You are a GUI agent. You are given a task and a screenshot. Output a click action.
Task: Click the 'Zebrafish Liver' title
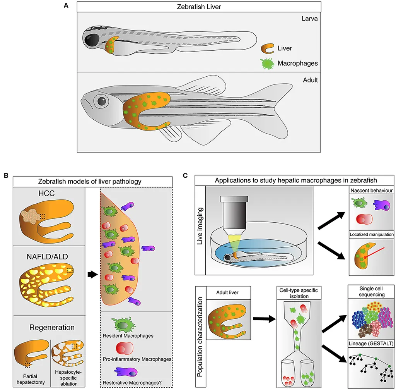198,7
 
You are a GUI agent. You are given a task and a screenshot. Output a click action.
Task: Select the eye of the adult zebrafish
102,101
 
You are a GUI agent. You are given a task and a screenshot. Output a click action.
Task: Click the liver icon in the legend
268,48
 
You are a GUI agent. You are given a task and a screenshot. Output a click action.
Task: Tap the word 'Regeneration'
52,327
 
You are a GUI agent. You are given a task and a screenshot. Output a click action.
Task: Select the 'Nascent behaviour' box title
371,191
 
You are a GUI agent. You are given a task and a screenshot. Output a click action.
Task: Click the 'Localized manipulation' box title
371,234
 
